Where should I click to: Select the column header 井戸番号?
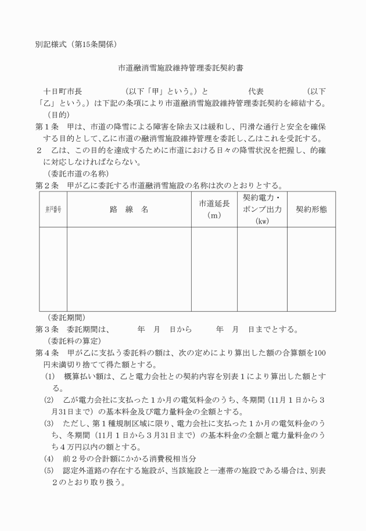[x=52, y=209]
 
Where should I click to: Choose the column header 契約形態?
[x=311, y=209]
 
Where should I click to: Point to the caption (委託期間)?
[x=66, y=318]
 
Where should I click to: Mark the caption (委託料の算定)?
[x=74, y=341]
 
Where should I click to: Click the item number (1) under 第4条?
[x=50, y=377]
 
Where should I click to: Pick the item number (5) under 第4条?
[x=50, y=471]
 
